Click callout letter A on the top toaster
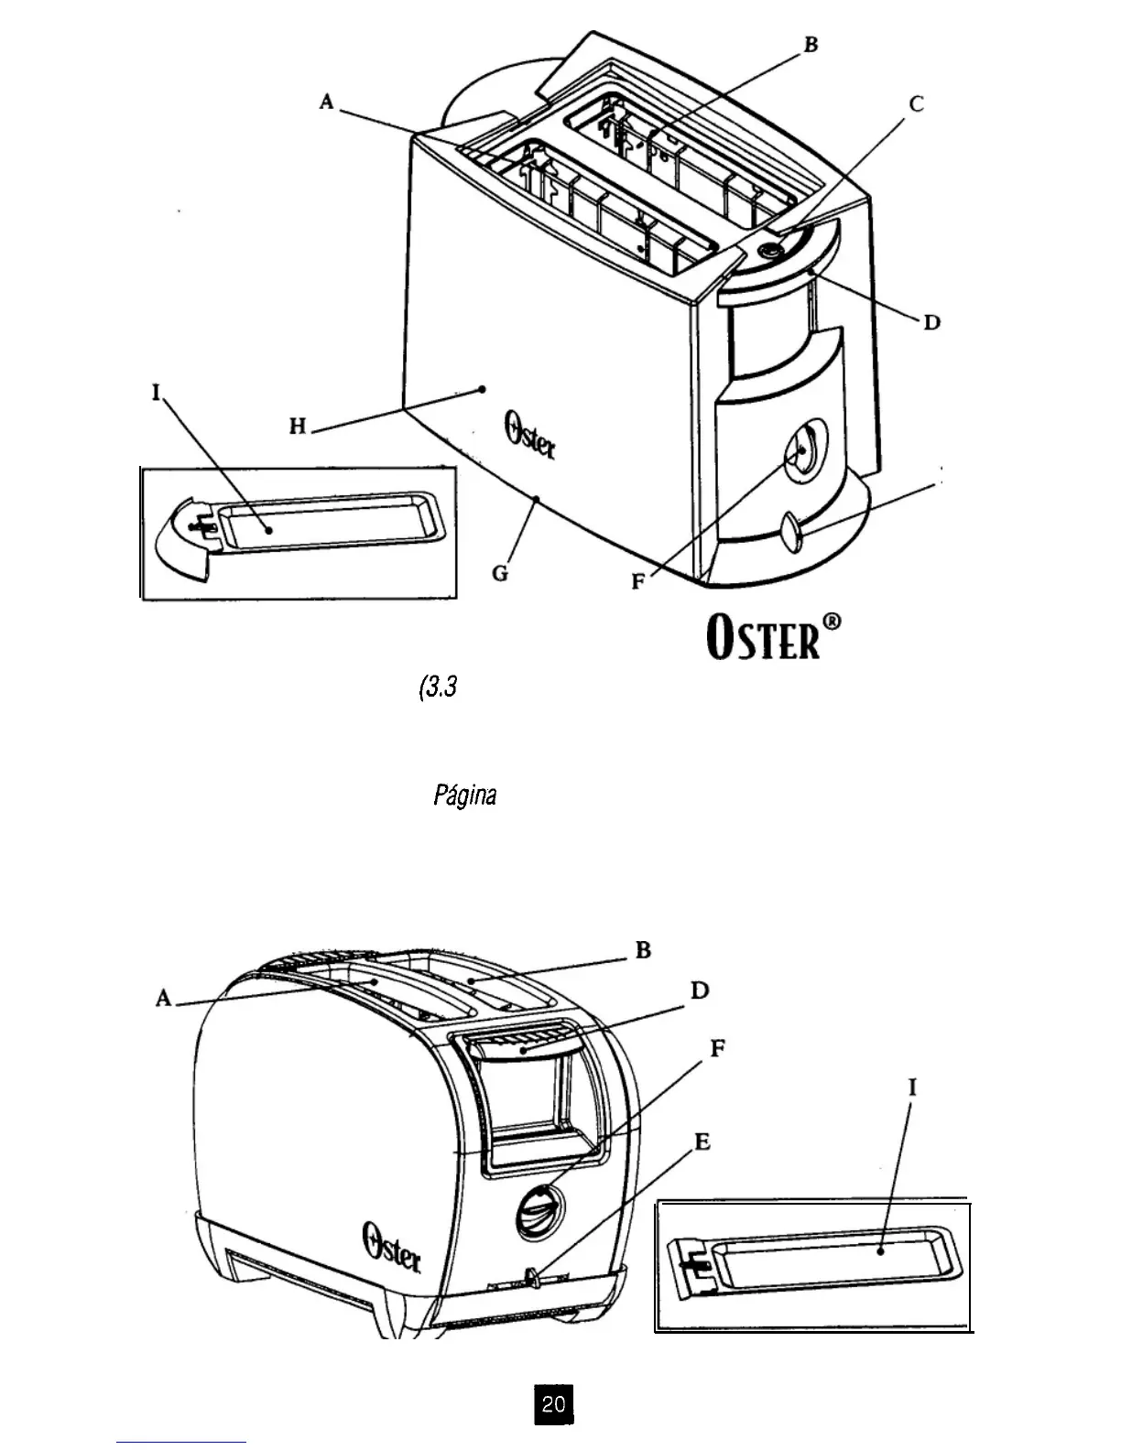[327, 103]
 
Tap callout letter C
[916, 103]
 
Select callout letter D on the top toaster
[931, 323]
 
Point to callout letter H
[297, 426]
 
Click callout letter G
[500, 574]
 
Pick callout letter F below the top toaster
[638, 582]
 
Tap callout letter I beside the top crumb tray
[156, 394]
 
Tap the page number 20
[553, 1403]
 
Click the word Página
[464, 795]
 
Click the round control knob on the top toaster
[800, 449]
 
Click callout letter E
[702, 1142]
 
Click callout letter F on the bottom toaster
[718, 1049]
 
